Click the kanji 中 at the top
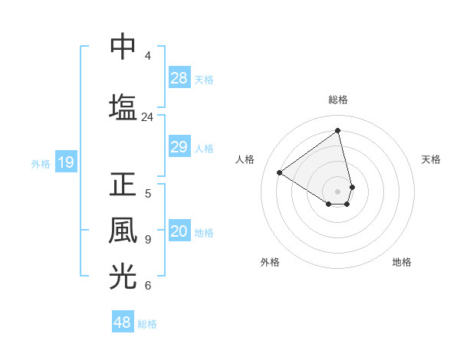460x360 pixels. point(123,47)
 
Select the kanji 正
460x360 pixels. point(123,185)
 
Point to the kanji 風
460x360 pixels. point(123,231)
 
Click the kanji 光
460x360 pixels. point(123,277)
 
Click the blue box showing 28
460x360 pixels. point(179,78)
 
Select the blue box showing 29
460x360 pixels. point(179,147)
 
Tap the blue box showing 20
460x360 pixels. point(179,231)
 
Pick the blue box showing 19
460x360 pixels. point(65,162)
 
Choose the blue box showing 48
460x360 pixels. point(123,322)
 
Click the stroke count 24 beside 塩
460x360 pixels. point(147,117)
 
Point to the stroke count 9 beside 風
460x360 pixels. point(147,240)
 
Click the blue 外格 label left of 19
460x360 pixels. point(41,163)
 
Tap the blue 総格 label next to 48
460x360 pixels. point(147,324)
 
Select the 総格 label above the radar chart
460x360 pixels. point(337,100)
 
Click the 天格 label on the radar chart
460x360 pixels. point(431,159)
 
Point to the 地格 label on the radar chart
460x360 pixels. point(402,262)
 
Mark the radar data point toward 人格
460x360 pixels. point(280,172)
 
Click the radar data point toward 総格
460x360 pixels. point(337,131)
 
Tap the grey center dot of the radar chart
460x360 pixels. point(337,191)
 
